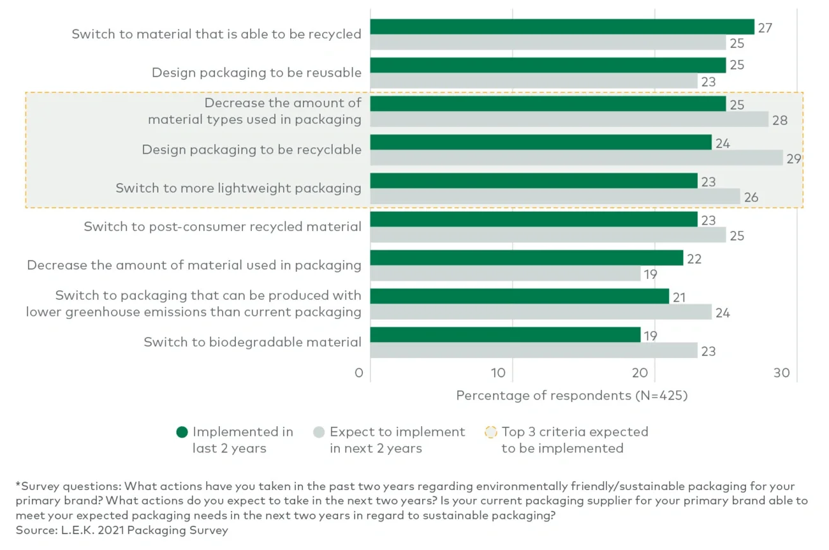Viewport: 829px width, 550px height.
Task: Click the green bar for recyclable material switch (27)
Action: coord(561,27)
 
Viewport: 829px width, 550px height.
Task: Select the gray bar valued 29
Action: coord(576,158)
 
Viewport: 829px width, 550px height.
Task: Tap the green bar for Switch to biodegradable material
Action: coord(505,334)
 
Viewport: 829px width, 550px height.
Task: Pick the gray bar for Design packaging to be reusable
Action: coord(533,81)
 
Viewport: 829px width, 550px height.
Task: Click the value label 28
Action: coord(779,120)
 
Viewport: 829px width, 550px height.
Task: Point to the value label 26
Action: coord(751,197)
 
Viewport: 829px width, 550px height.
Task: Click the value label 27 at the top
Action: coord(765,27)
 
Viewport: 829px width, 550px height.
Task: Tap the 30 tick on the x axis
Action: coord(781,373)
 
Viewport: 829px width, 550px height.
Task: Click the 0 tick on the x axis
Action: coord(359,373)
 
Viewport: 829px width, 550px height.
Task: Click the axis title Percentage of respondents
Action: coord(571,396)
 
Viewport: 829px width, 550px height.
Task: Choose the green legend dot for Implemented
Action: coord(182,433)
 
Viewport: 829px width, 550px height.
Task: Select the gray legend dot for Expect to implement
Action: coord(319,433)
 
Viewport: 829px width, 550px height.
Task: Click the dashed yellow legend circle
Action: coord(491,433)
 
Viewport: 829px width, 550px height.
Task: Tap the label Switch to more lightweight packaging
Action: coord(238,188)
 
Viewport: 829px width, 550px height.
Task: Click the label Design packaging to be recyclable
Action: coord(251,150)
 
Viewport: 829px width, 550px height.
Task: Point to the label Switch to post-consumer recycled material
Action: coord(223,227)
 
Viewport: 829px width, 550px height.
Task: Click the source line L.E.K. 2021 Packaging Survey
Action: coord(121,530)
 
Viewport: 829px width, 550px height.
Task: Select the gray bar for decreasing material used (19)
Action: coord(505,274)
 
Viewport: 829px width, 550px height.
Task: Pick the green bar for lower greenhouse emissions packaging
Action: coord(519,296)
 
